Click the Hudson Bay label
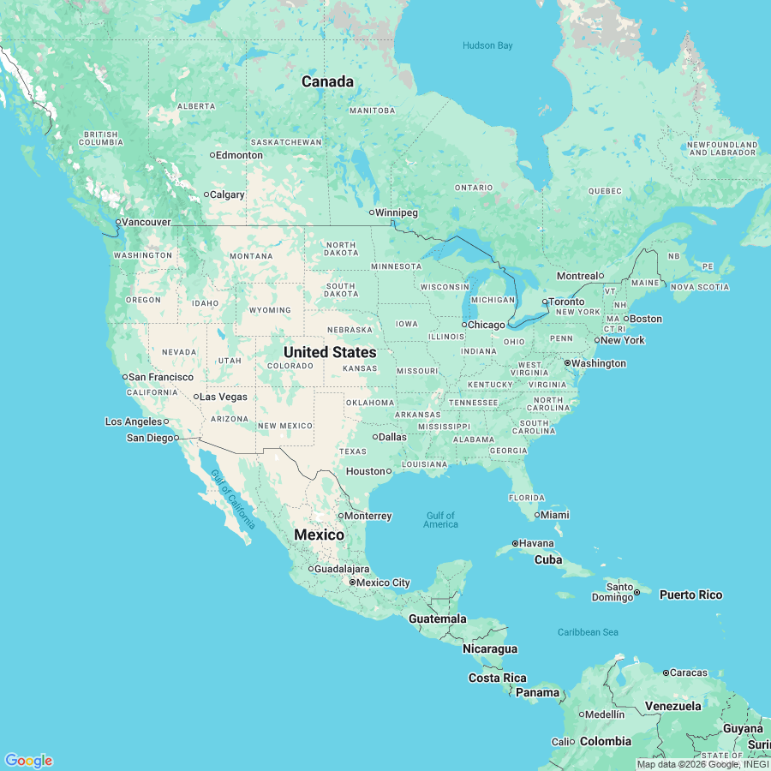[x=487, y=45]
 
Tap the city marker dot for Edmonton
[x=212, y=155]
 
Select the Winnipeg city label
[x=397, y=212]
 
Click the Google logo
[x=28, y=760]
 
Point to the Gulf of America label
[x=440, y=519]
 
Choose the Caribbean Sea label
[x=588, y=632]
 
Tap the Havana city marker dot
[x=515, y=543]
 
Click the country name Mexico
[x=319, y=535]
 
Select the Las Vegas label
[x=224, y=397]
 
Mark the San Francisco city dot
[x=124, y=377]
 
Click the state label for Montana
[x=251, y=256]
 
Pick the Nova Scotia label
[x=700, y=287]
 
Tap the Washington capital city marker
[x=567, y=363]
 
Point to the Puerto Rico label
[x=690, y=595]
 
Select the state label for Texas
[x=352, y=451]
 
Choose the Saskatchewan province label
[x=286, y=142]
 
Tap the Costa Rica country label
[x=497, y=678]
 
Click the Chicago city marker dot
[x=464, y=325]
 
